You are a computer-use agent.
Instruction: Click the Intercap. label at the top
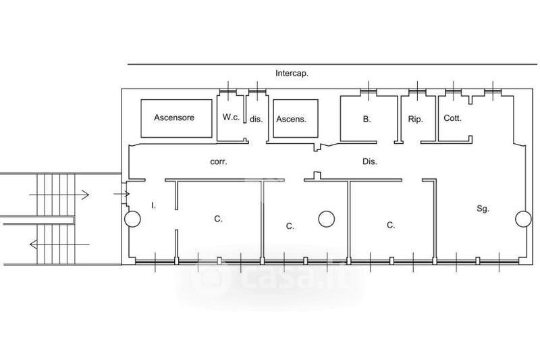click(292, 74)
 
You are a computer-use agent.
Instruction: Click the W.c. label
click(231, 117)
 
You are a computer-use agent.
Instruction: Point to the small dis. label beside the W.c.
click(256, 119)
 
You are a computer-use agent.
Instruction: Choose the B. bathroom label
click(367, 119)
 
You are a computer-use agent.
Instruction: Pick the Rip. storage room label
click(415, 119)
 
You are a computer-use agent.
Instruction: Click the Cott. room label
click(452, 118)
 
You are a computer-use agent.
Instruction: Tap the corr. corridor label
click(219, 161)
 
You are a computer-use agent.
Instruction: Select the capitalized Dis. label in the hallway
click(369, 161)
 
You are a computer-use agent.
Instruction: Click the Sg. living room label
click(483, 209)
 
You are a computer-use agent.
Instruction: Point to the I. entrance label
click(154, 205)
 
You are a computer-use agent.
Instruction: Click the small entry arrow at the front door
click(122, 195)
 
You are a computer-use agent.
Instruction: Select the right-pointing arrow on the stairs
click(59, 195)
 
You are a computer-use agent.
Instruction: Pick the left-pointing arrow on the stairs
click(59, 245)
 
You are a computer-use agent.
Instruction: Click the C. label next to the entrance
click(218, 219)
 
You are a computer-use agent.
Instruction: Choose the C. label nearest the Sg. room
click(391, 226)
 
